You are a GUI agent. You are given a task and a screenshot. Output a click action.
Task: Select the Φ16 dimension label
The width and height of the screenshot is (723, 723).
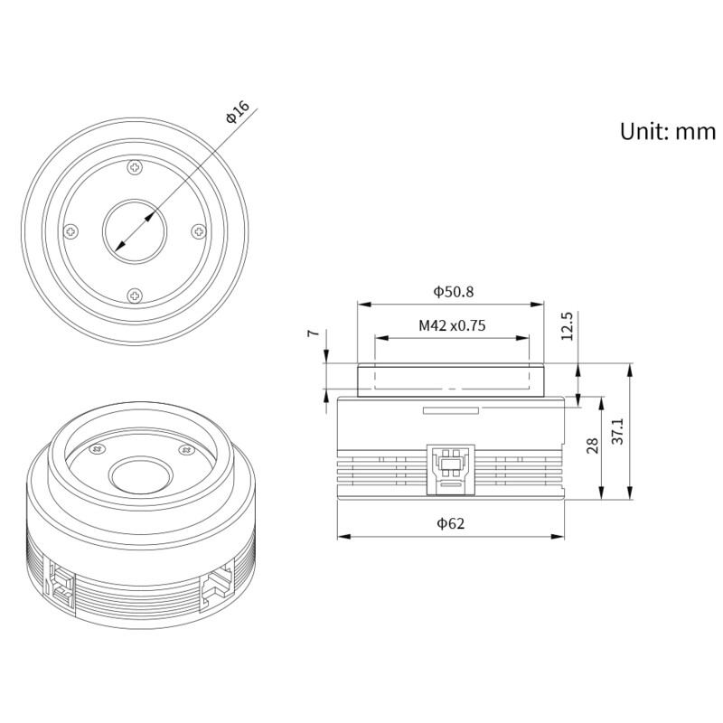tap(237, 113)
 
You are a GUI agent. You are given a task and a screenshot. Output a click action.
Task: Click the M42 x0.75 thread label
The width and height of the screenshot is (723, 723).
tap(452, 325)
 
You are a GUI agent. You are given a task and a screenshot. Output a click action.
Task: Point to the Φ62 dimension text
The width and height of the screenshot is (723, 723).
tap(451, 523)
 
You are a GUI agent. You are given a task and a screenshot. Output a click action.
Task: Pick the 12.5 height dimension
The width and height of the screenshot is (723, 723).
tap(567, 325)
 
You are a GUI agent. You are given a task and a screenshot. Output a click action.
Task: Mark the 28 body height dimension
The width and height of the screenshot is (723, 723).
tap(593, 446)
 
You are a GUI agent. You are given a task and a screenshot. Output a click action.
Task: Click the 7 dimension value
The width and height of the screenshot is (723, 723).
tap(313, 333)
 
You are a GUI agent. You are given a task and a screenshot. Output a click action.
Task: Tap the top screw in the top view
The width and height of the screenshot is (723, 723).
tap(135, 167)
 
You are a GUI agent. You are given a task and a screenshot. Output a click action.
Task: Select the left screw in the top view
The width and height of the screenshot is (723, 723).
tap(71, 231)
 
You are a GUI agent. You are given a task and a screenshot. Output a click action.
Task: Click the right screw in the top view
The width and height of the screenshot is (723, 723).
tap(199, 231)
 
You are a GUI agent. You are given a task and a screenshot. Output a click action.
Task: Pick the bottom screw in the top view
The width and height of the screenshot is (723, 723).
tap(135, 295)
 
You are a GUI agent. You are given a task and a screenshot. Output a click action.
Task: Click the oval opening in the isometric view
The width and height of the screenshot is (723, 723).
tap(140, 474)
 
